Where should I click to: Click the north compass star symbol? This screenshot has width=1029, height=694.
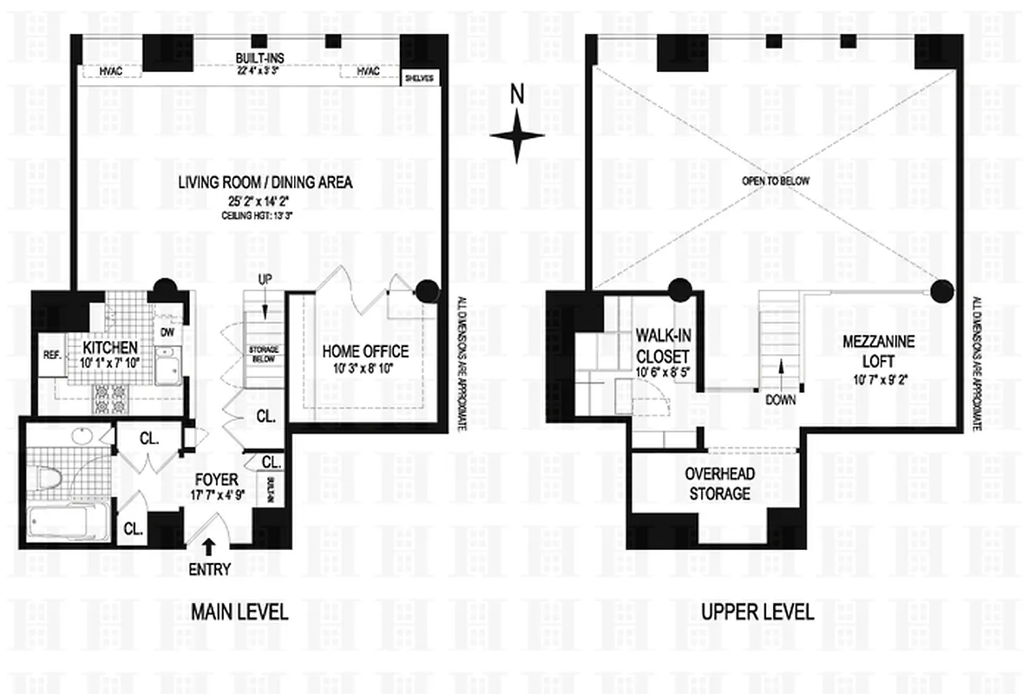point(516,136)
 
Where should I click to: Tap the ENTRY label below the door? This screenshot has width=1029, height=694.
point(209,570)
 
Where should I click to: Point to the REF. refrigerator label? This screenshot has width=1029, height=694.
point(51,355)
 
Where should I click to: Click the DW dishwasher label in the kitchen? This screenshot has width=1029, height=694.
point(168,331)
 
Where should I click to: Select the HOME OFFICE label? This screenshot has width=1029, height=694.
point(365,351)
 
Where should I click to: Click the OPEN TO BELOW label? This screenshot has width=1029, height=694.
point(775,181)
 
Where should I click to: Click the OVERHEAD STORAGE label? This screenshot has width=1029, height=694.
point(717,483)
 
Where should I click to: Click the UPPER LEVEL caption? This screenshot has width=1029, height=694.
point(757,612)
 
